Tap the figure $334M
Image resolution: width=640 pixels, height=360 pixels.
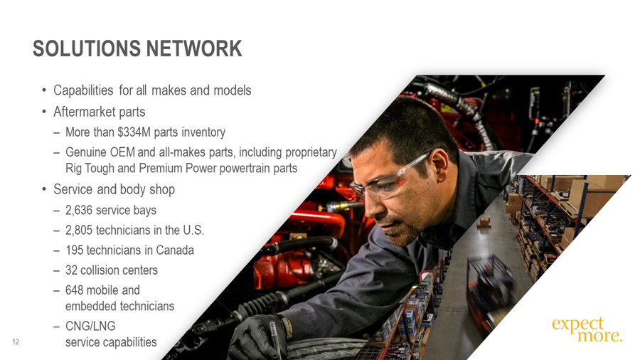pyautogui.click(x=134, y=132)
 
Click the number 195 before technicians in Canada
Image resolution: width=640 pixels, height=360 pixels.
pyautogui.click(x=75, y=250)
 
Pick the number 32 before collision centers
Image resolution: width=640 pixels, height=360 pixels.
pyautogui.click(x=71, y=270)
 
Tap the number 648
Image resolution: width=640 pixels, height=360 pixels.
pyautogui.click(x=75, y=290)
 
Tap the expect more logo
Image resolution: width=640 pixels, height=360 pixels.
pyautogui.click(x=587, y=329)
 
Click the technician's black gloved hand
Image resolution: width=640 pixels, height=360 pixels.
pyautogui.click(x=256, y=337)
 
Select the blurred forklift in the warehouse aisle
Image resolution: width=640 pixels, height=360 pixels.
pyautogui.click(x=491, y=285)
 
